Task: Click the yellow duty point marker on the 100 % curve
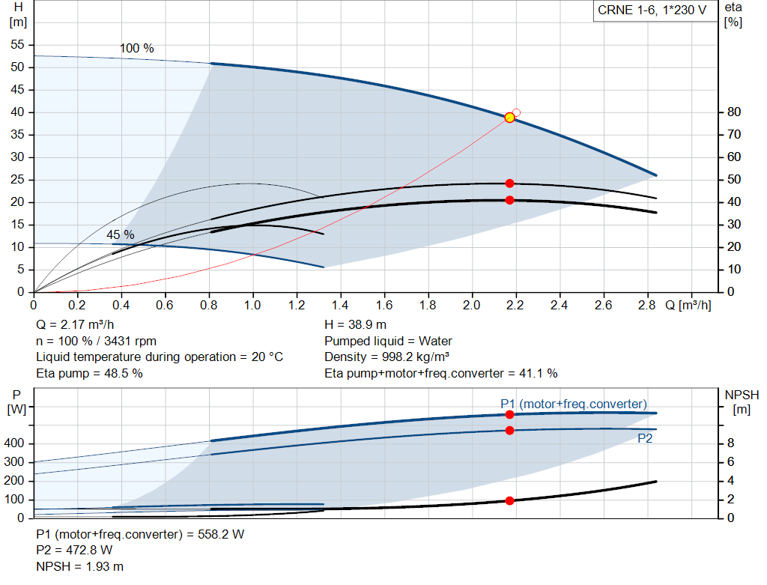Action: pos(509,118)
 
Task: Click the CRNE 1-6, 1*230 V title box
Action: pos(652,11)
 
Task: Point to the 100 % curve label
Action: pos(137,49)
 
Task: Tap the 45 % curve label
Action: pos(120,235)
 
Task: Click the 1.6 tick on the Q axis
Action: pos(384,306)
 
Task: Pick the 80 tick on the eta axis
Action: pos(733,112)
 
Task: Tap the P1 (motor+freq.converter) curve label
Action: pos(574,404)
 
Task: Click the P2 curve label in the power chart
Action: pos(645,439)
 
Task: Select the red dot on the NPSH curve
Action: pos(509,500)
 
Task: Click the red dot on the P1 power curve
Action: pos(509,414)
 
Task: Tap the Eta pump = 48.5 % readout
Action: pos(89,373)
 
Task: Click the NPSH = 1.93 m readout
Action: pos(80,566)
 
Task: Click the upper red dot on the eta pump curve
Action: pos(509,184)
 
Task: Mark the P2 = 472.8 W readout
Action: pos(74,551)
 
